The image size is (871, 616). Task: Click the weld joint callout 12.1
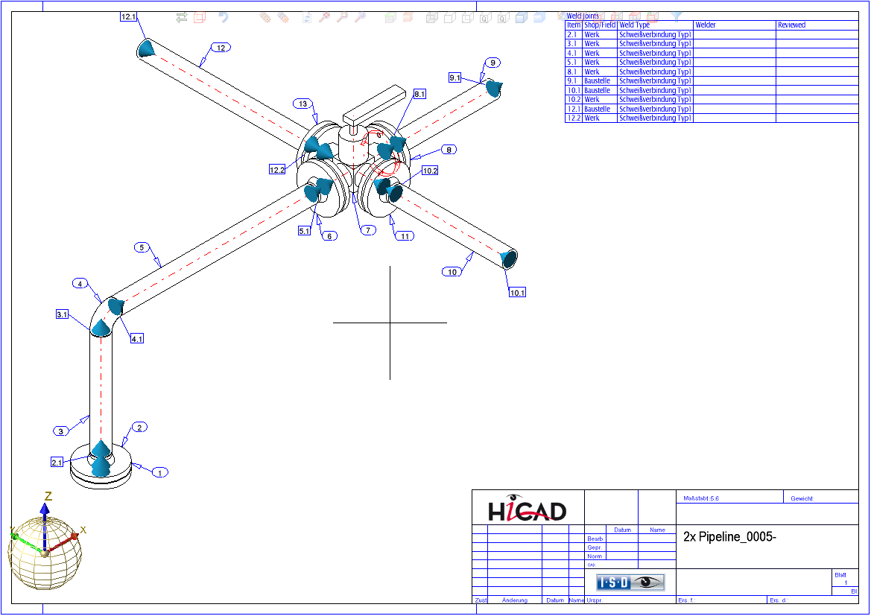tap(128, 16)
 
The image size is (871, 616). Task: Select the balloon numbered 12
tap(220, 48)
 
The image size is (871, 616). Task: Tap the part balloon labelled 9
tap(492, 63)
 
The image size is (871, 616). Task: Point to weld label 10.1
tap(517, 293)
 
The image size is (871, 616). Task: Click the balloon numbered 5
tap(142, 247)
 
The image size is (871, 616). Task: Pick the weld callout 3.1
tap(63, 315)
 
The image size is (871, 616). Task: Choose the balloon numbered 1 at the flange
tap(159, 472)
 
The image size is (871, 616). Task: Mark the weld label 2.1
tap(57, 463)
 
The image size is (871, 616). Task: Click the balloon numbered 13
tap(303, 104)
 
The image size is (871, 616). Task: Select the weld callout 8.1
tap(419, 94)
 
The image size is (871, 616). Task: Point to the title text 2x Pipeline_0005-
tap(729, 536)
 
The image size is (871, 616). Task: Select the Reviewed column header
tap(791, 25)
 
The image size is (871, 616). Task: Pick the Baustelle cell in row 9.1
tap(597, 80)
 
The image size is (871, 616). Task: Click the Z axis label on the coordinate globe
tap(48, 496)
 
